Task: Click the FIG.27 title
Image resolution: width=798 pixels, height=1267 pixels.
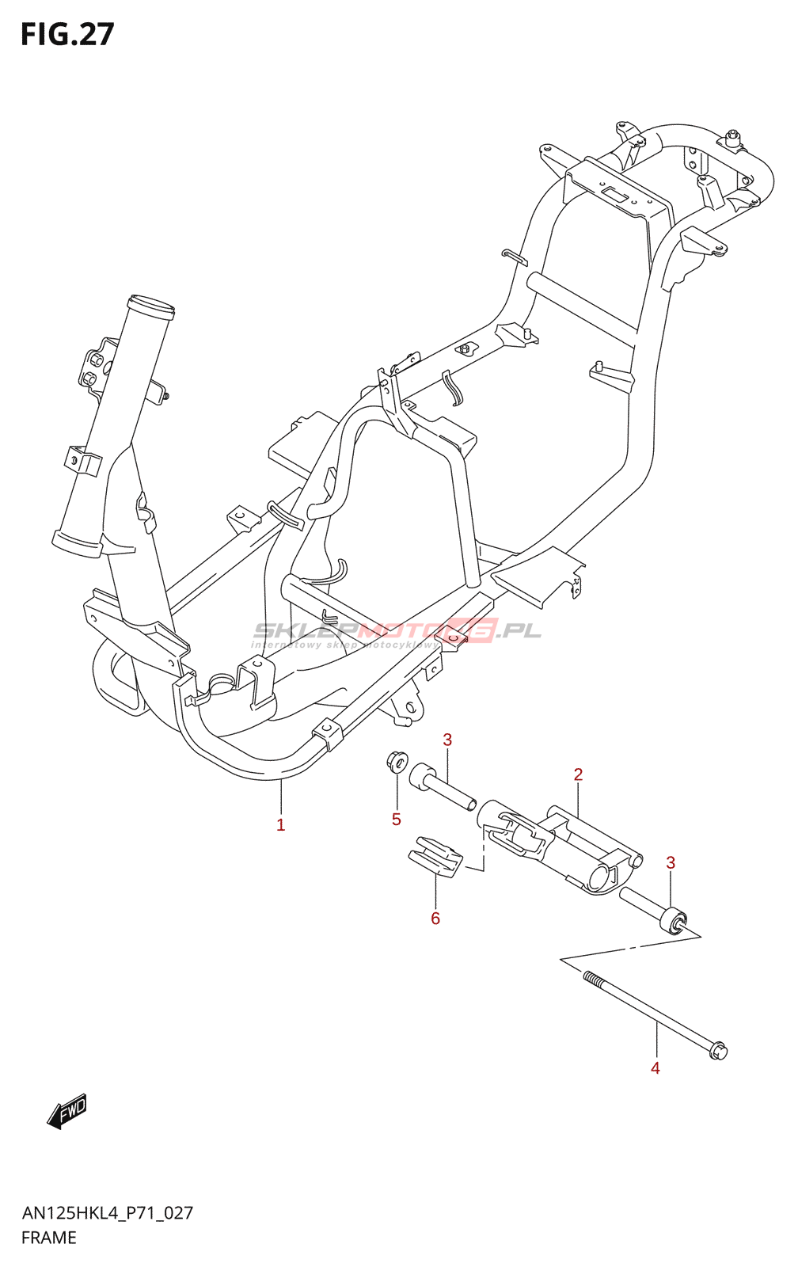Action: (x=67, y=35)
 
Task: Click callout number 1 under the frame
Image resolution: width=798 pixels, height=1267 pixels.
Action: (x=280, y=825)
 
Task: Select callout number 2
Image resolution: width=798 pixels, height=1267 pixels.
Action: (x=578, y=774)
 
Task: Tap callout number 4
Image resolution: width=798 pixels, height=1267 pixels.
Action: (x=655, y=1068)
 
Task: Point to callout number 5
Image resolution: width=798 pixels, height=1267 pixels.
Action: (x=396, y=820)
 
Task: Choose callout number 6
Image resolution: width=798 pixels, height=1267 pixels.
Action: (x=435, y=919)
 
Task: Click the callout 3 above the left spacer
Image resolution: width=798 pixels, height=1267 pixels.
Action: (x=447, y=740)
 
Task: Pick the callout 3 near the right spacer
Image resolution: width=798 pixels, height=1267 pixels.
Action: (x=671, y=863)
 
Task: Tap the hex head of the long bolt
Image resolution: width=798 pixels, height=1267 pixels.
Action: (x=717, y=1052)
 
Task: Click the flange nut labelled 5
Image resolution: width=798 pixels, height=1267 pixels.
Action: (x=397, y=763)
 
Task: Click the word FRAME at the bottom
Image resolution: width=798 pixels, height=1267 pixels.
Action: (x=49, y=1238)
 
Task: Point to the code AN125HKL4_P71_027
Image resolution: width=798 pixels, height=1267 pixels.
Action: (x=108, y=1213)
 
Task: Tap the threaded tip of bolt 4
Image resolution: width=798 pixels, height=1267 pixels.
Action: (x=591, y=979)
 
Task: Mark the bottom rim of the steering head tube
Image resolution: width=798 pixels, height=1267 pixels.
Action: (x=77, y=544)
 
